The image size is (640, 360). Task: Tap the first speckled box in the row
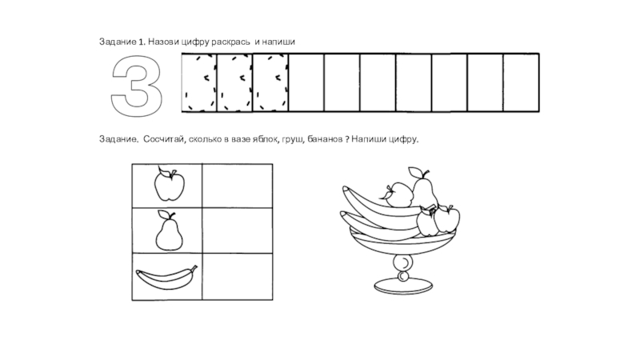click(199, 82)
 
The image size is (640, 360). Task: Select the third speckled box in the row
click(270, 82)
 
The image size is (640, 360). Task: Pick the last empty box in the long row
click(522, 82)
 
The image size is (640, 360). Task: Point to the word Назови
click(163, 42)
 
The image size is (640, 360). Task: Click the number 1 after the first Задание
click(142, 42)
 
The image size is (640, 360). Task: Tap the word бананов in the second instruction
click(325, 139)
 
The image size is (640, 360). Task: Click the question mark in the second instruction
click(347, 139)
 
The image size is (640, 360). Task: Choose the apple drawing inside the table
click(169, 184)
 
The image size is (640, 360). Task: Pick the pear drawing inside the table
click(169, 231)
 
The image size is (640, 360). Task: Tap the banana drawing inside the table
click(166, 278)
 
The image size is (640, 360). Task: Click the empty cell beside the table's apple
click(238, 186)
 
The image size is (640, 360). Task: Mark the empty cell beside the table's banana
click(238, 277)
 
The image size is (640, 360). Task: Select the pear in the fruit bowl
click(424, 188)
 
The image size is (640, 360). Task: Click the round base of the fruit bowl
click(403, 286)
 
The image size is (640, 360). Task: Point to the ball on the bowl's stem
click(404, 262)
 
